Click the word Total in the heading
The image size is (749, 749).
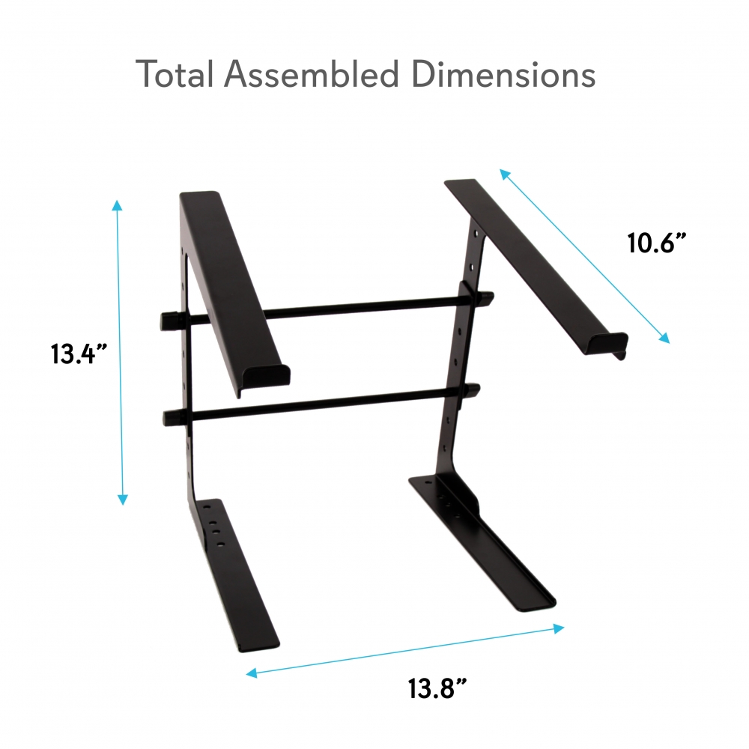coord(175,75)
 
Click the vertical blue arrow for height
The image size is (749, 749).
coord(120,352)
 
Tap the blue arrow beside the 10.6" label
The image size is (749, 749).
coord(585,255)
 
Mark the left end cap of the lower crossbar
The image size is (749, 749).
coord(170,416)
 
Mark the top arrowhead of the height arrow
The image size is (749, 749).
coord(117,205)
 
